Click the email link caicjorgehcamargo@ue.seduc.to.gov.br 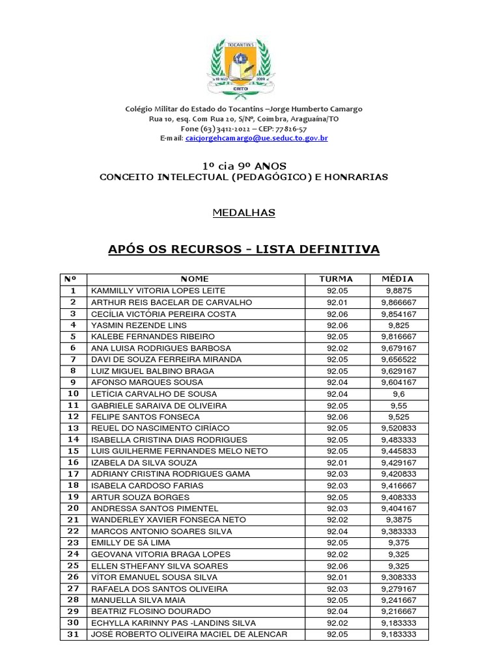click(256, 139)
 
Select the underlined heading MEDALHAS click(244, 213)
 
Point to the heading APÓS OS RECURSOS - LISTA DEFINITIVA click(243, 250)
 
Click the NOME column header click(195, 279)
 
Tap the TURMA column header click(337, 279)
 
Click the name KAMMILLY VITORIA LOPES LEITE click(158, 291)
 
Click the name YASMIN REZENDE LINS click(139, 325)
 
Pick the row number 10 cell click(73, 393)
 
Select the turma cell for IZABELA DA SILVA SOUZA click(337, 462)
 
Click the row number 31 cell click(73, 634)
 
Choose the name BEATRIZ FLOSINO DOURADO click(151, 611)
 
